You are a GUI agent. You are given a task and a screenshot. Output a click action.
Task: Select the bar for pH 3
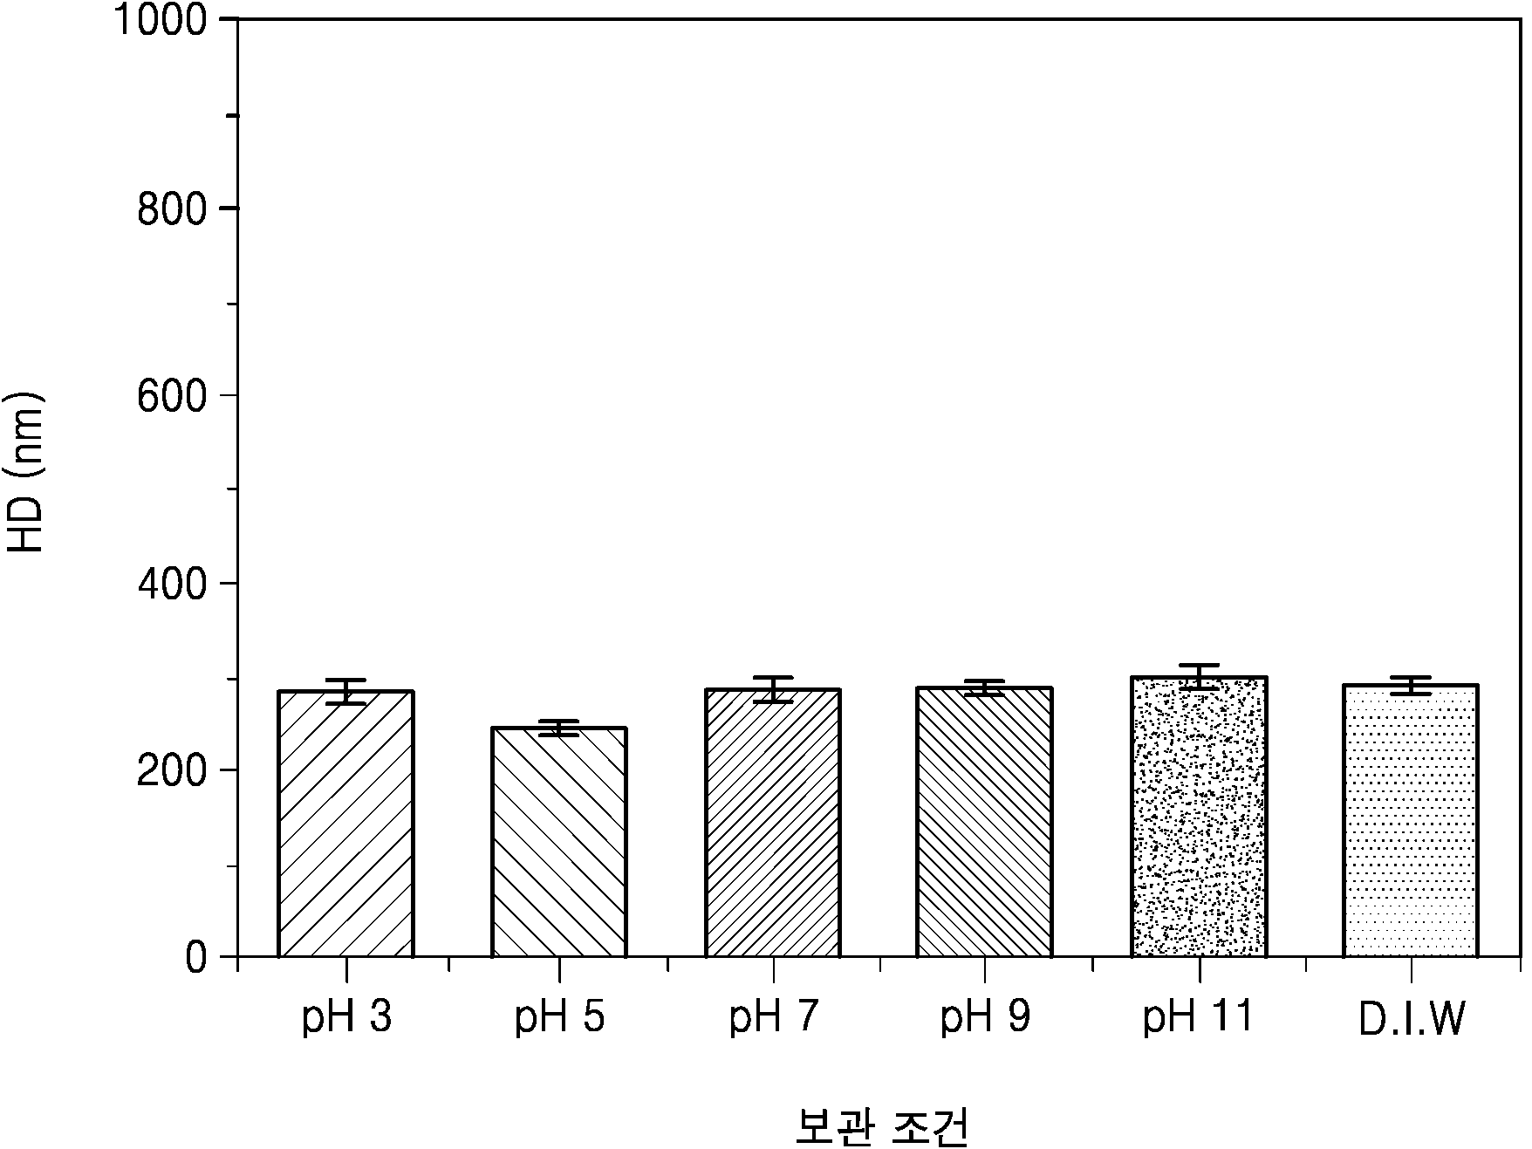(x=345, y=824)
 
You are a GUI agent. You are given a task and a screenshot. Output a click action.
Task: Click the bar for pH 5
(x=559, y=842)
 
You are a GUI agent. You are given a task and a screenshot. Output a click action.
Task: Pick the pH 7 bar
(x=773, y=823)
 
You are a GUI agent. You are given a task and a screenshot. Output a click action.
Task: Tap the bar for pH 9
(x=985, y=822)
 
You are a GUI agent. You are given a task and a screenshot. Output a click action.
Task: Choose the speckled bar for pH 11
(x=1200, y=817)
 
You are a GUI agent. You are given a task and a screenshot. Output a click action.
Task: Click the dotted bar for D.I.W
(x=1411, y=821)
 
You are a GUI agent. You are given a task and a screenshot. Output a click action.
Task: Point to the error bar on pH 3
(x=345, y=691)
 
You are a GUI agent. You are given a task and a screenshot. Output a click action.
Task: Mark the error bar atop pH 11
(x=1200, y=677)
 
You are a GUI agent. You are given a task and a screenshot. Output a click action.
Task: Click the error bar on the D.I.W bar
(x=1411, y=685)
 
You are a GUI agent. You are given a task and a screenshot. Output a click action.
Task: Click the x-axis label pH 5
(x=559, y=1018)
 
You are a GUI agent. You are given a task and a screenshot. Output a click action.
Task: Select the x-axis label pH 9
(x=985, y=1018)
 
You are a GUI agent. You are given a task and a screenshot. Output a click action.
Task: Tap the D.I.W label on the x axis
(x=1412, y=1020)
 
